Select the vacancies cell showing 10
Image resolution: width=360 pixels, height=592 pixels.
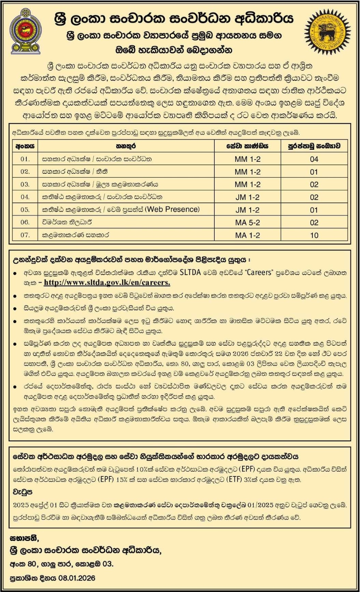point(314,236)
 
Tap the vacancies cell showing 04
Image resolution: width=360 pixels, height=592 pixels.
point(314,158)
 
